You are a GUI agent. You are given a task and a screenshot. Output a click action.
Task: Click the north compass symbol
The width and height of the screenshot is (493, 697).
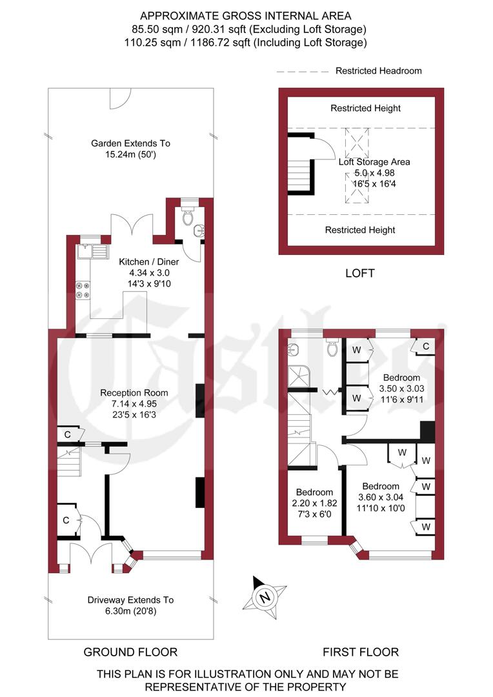pyautogui.click(x=264, y=596)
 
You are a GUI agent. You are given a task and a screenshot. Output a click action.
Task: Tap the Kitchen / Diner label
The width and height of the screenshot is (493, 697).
pyautogui.click(x=149, y=262)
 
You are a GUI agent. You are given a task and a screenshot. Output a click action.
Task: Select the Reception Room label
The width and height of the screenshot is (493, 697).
pyautogui.click(x=134, y=392)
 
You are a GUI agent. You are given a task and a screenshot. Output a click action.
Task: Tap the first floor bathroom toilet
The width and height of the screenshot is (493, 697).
pyautogui.click(x=332, y=348)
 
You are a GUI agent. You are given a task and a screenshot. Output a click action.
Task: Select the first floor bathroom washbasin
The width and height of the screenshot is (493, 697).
pyautogui.click(x=294, y=350)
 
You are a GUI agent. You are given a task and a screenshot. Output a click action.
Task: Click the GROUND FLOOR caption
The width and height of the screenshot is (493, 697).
pyautogui.click(x=130, y=652)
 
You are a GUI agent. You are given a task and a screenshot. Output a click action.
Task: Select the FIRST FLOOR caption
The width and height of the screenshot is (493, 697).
pyautogui.click(x=362, y=652)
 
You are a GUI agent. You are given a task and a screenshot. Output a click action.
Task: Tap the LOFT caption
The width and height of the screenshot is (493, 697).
pyautogui.click(x=360, y=273)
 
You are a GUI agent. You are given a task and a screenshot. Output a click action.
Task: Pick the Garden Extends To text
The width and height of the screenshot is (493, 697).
pyautogui.click(x=131, y=143)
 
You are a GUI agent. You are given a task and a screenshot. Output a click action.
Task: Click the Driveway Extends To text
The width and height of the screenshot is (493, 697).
pyautogui.click(x=131, y=600)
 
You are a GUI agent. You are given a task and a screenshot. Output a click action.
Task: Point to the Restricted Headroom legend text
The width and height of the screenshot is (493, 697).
pyautogui.click(x=378, y=71)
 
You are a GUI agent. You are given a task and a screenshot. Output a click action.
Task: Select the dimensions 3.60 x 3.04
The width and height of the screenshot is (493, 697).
pyautogui.click(x=381, y=497)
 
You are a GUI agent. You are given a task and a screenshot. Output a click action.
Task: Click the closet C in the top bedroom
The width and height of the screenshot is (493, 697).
pyautogui.click(x=425, y=347)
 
